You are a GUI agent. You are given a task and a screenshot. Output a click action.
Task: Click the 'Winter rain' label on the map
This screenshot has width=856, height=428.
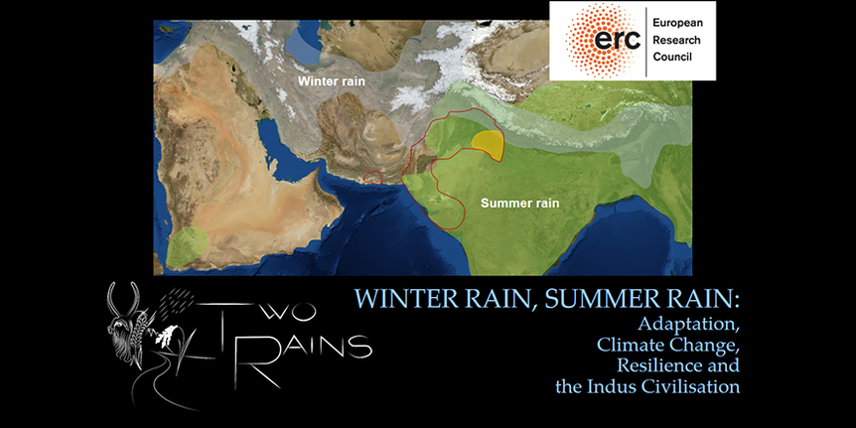click(x=332, y=81)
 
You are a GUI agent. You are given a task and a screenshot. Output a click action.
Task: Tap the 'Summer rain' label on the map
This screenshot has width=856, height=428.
click(x=519, y=204)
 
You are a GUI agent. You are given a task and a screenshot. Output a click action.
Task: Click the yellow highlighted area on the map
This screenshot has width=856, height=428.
click(x=488, y=144)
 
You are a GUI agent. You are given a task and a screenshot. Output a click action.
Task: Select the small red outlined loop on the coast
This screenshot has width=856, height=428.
click(x=372, y=177)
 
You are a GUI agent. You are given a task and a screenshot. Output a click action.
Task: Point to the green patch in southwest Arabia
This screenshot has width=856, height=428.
click(x=187, y=247)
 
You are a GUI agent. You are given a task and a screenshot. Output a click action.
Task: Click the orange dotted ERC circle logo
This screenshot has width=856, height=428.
click(x=602, y=40)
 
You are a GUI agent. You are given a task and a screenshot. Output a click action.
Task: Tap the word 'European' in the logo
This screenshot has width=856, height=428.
click(x=677, y=23)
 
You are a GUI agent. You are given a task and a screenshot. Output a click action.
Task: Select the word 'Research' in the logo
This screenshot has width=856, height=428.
click(x=676, y=40)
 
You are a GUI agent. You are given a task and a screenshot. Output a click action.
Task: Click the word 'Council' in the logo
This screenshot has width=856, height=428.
click(x=672, y=57)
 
